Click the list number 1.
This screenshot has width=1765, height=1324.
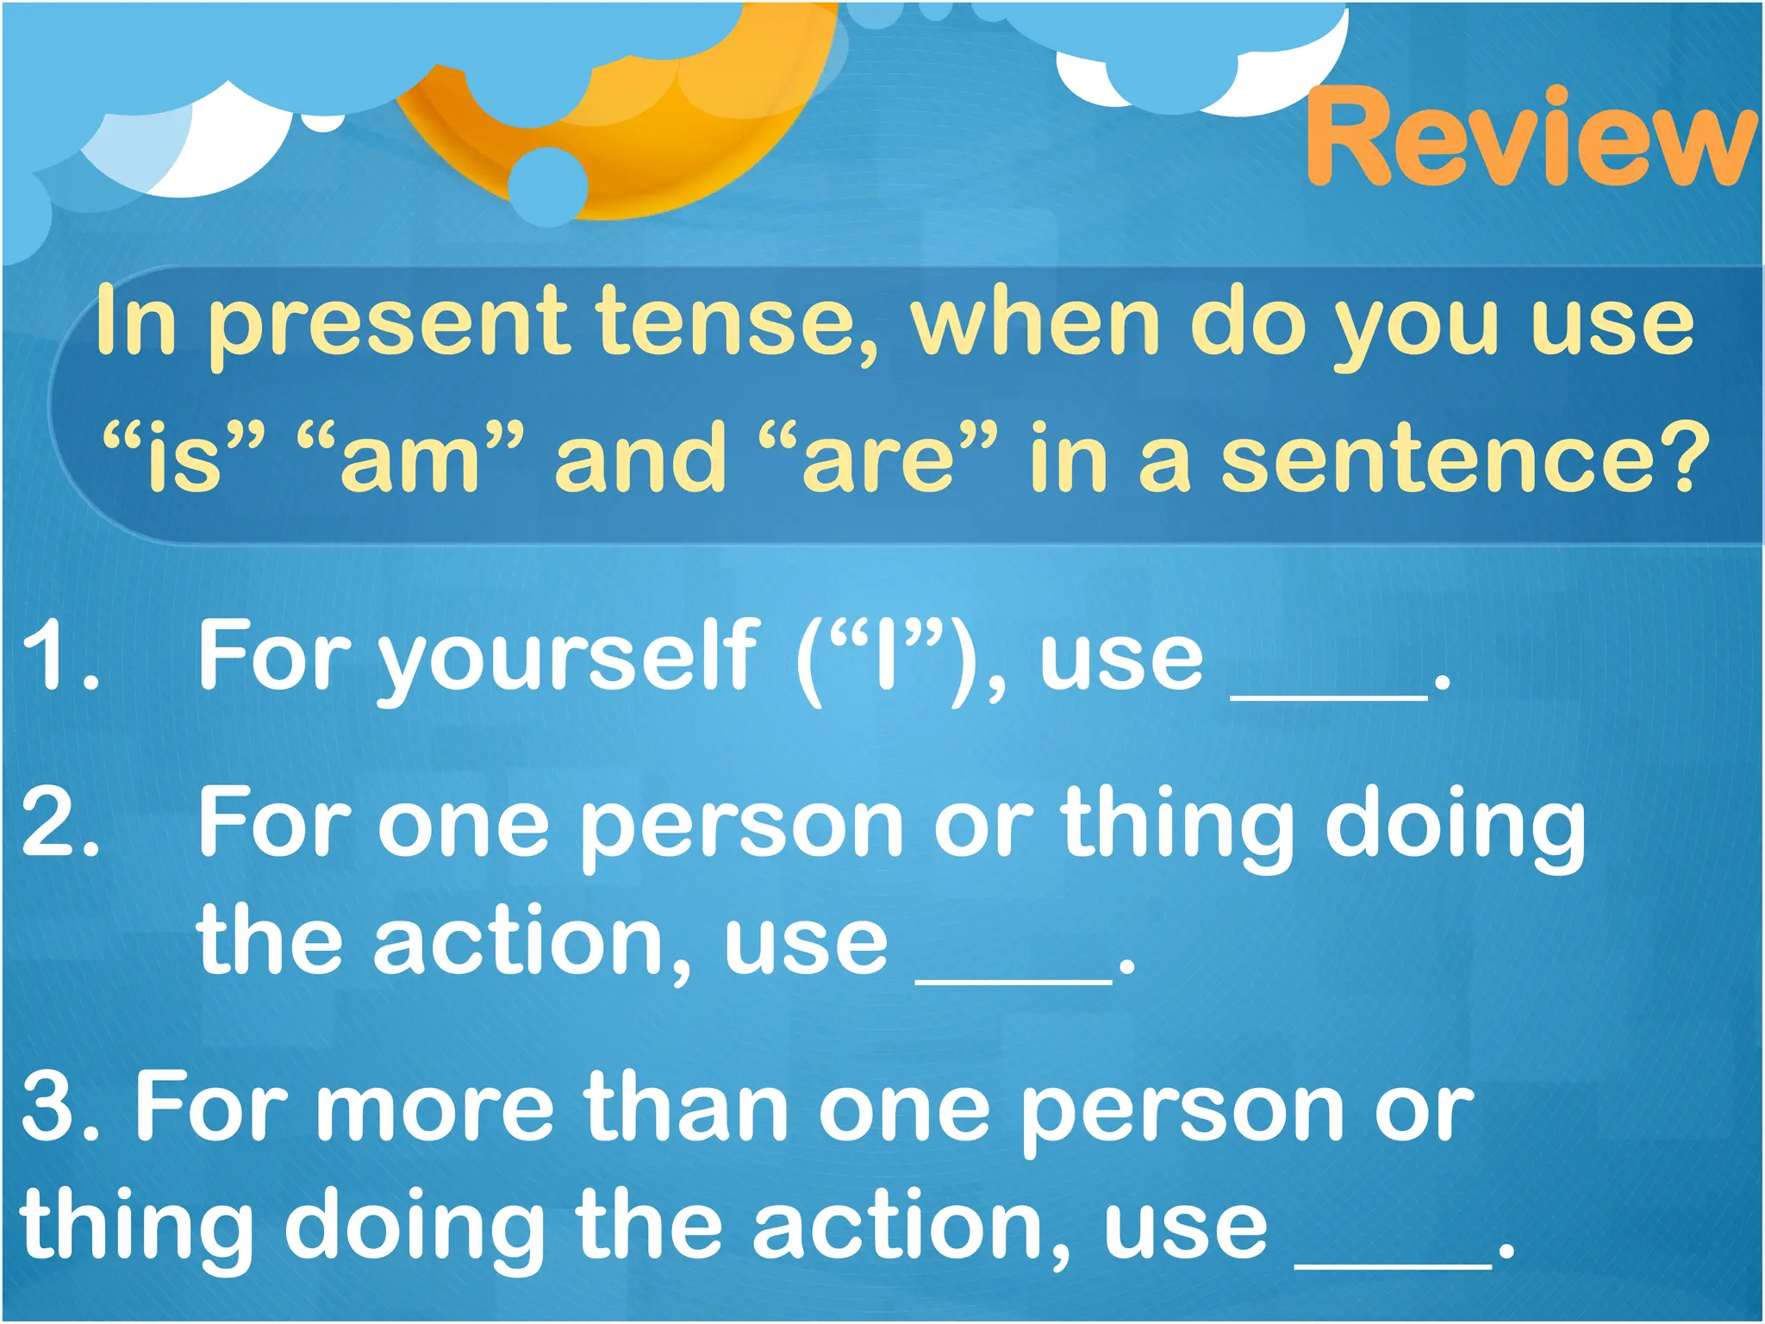click(59, 657)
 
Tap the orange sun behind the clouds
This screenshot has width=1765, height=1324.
click(655, 129)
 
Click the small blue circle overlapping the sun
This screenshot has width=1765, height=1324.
click(548, 184)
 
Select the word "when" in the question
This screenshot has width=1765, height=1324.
click(1035, 321)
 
